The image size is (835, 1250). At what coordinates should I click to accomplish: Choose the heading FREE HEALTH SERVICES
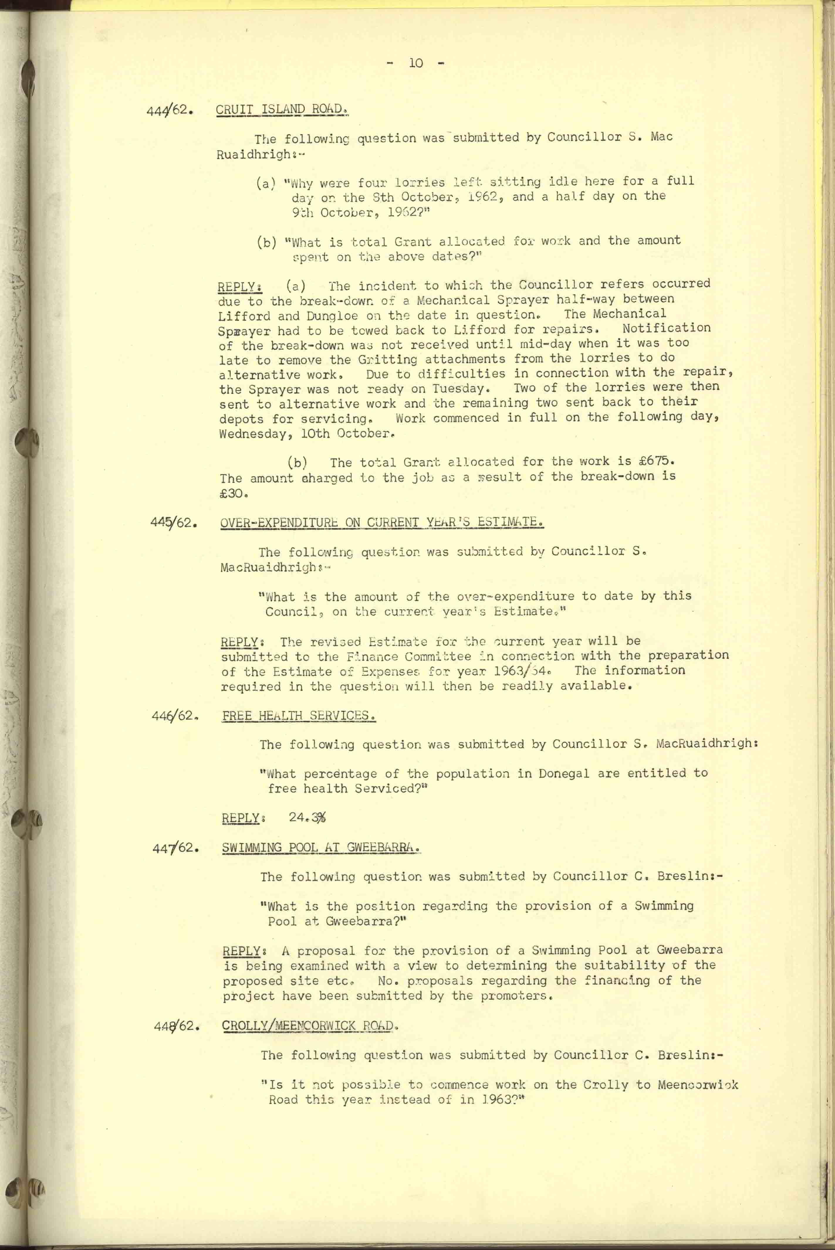coord(299,715)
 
